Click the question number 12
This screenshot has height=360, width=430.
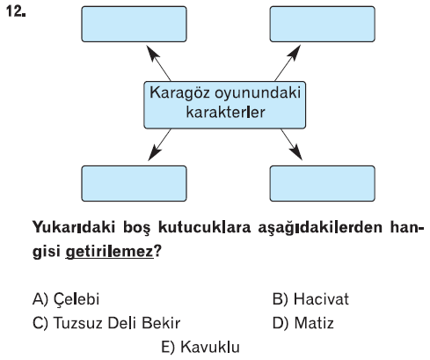click(16, 12)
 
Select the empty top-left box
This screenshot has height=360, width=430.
click(134, 24)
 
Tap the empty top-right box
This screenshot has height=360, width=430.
click(323, 24)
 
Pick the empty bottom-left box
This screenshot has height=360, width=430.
click(134, 183)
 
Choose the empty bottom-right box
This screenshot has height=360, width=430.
click(323, 183)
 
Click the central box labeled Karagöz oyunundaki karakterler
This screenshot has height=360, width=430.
click(225, 105)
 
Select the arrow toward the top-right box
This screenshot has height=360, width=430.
click(288, 62)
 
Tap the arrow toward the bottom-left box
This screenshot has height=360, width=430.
click(159, 144)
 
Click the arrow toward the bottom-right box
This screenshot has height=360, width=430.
click(291, 144)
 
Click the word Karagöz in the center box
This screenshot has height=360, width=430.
click(180, 93)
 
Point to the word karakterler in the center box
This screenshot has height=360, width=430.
click(225, 112)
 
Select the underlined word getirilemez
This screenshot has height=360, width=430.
click(109, 252)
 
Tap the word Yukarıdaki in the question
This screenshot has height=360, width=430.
click(74, 228)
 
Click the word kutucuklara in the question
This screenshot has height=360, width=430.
click(205, 228)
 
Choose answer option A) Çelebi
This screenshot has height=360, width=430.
click(66, 299)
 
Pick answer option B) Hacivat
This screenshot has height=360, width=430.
click(310, 299)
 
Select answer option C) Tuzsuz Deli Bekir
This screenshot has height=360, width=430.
click(106, 323)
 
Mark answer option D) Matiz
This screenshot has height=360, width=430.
click(303, 323)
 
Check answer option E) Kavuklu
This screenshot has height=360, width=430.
click(200, 347)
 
